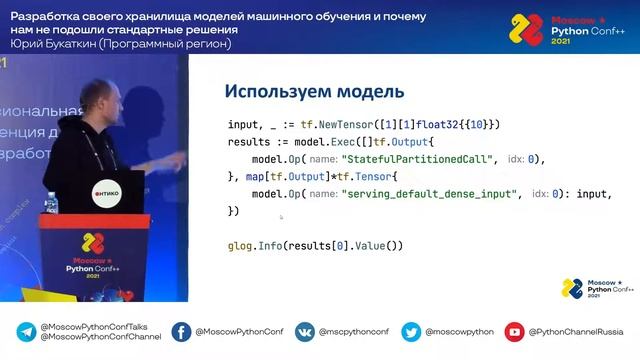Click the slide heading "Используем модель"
coord(314,92)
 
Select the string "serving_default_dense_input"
coord(431,193)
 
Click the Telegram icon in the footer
coord(25,331)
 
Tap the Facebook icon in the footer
coord(181,331)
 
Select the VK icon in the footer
coord(304,331)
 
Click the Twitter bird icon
coord(410,331)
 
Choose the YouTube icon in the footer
coord(514,331)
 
